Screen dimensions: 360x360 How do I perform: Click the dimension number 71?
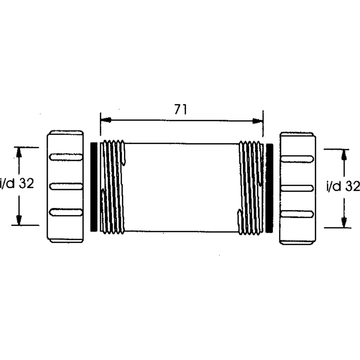click(x=180, y=109)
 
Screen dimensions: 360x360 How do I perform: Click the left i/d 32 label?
click(x=17, y=184)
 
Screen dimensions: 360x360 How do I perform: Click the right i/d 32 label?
click(x=343, y=186)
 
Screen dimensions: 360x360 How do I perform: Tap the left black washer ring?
click(x=94, y=187)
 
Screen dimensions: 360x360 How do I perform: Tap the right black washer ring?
click(x=269, y=188)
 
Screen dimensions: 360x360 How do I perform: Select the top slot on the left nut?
click(x=66, y=157)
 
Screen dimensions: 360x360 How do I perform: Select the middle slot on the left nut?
click(x=66, y=186)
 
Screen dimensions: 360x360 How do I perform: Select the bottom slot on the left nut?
click(x=66, y=212)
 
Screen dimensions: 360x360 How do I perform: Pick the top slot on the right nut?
click(x=297, y=159)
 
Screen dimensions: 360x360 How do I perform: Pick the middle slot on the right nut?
click(x=297, y=188)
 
